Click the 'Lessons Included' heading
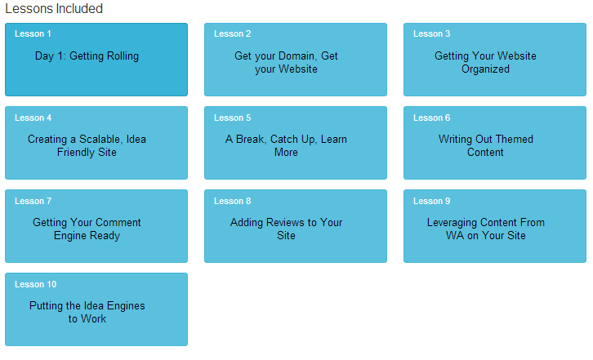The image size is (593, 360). pyautogui.click(x=54, y=8)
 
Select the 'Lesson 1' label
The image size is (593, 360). pyautogui.click(x=33, y=33)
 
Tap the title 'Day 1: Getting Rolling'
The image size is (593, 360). pyautogui.click(x=87, y=56)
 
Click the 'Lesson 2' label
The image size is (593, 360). pyautogui.click(x=232, y=33)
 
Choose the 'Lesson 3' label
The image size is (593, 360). pyautogui.click(x=431, y=33)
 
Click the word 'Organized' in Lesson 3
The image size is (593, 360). pyautogui.click(x=485, y=69)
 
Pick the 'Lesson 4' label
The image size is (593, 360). pyautogui.click(x=33, y=118)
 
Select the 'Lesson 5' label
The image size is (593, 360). pyautogui.click(x=232, y=118)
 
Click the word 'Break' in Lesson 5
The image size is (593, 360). pyautogui.click(x=251, y=139)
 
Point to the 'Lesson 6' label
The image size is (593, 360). pyautogui.click(x=431, y=118)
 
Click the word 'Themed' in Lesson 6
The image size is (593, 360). pyautogui.click(x=515, y=139)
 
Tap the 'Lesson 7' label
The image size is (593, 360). pyautogui.click(x=33, y=201)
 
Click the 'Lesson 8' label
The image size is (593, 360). pyautogui.click(x=232, y=201)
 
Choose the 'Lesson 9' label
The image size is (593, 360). pyautogui.click(x=431, y=201)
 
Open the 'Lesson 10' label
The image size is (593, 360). pyautogui.click(x=36, y=284)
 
